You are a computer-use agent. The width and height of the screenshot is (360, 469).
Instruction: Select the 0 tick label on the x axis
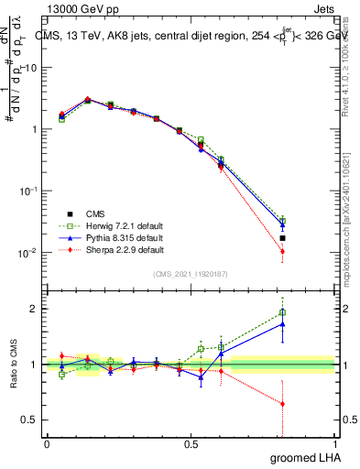click(x=47, y=446)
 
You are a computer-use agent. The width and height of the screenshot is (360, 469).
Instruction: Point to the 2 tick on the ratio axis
click(x=35, y=309)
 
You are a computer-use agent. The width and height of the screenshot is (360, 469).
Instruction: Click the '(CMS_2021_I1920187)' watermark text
click(x=190, y=274)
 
